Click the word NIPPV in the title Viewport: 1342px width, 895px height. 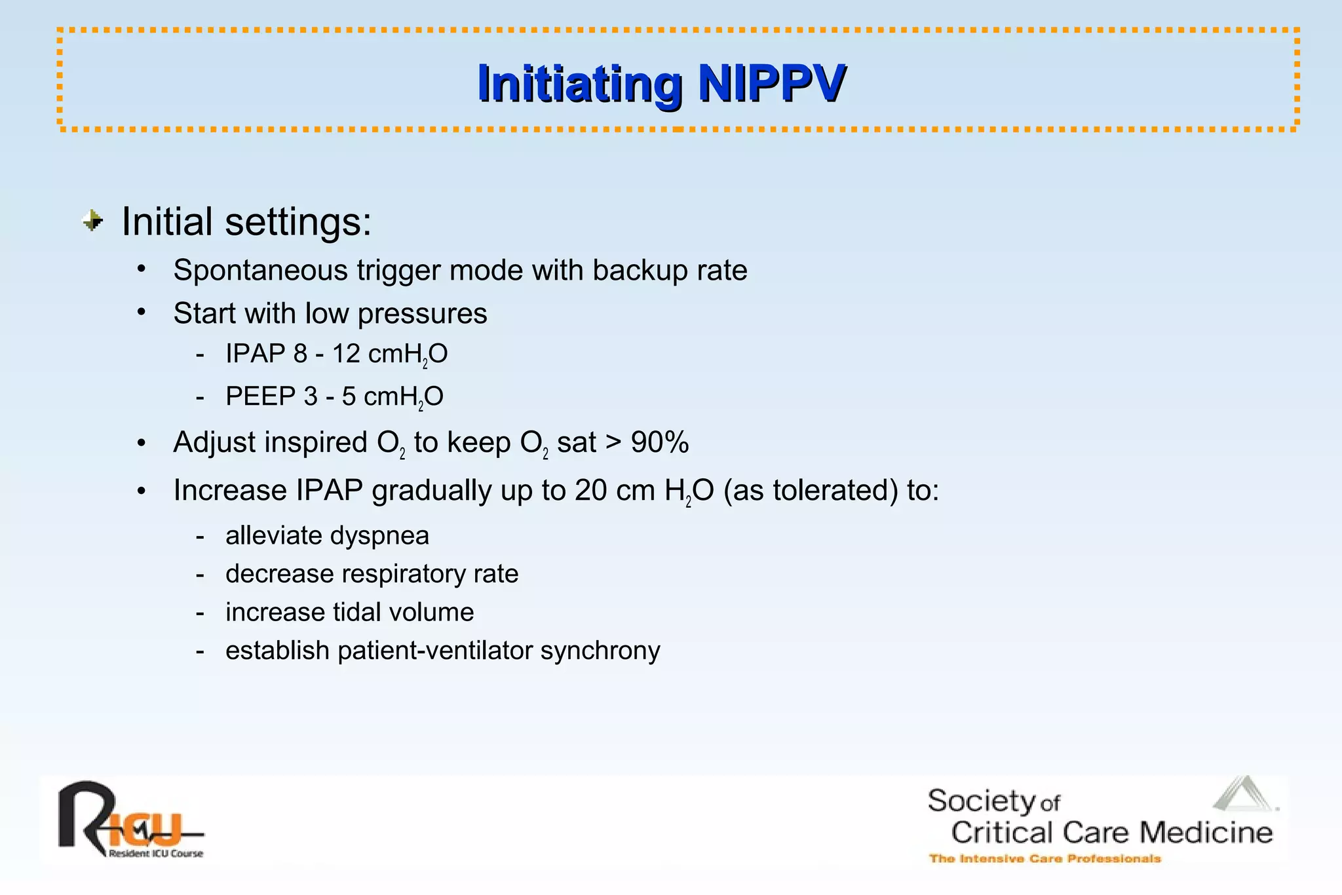click(771, 83)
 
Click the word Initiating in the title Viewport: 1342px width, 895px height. click(580, 83)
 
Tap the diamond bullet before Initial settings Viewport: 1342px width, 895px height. click(93, 221)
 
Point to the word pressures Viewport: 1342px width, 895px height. click(422, 314)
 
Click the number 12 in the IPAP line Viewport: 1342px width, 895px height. click(346, 354)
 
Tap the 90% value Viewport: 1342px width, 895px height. click(659, 442)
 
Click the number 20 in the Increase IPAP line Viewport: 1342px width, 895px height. click(591, 490)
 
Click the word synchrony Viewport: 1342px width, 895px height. click(600, 651)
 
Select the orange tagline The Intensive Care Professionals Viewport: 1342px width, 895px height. click(1045, 858)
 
